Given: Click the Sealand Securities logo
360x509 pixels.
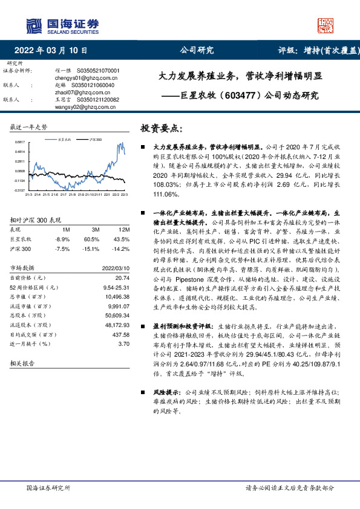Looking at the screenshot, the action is coord(61,25).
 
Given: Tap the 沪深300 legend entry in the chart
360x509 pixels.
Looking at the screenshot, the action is coord(94,140).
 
